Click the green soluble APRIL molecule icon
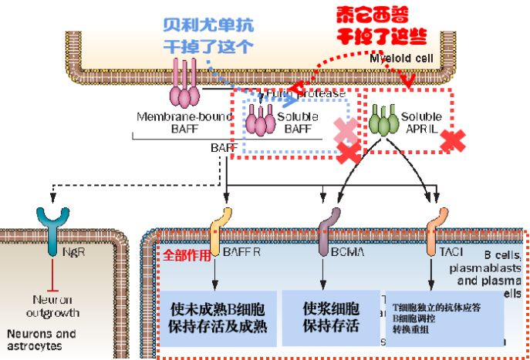[x=381, y=121]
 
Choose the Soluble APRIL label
[x=420, y=123]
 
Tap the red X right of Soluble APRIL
[x=454, y=140]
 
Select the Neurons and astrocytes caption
[x=42, y=340]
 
